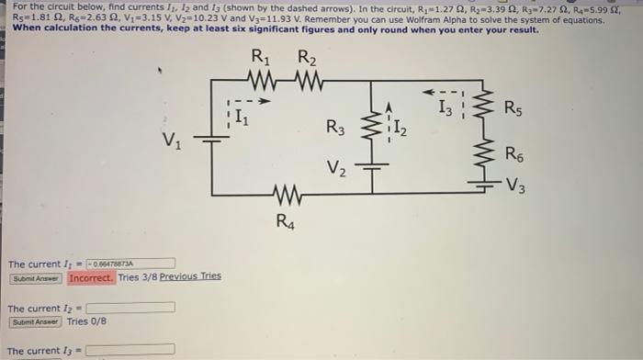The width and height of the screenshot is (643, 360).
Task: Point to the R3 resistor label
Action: (x=336, y=129)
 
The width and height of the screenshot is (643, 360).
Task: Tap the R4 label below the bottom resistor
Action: (x=287, y=220)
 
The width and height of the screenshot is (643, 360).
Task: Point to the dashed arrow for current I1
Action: (x=246, y=102)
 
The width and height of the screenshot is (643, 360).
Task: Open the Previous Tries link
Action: (x=190, y=276)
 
